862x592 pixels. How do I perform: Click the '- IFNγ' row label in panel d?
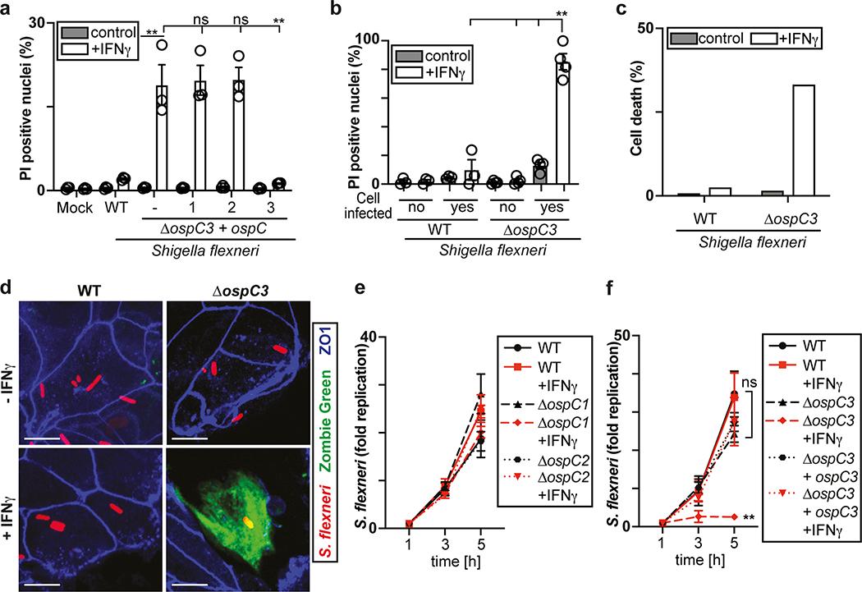coord(14,337)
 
